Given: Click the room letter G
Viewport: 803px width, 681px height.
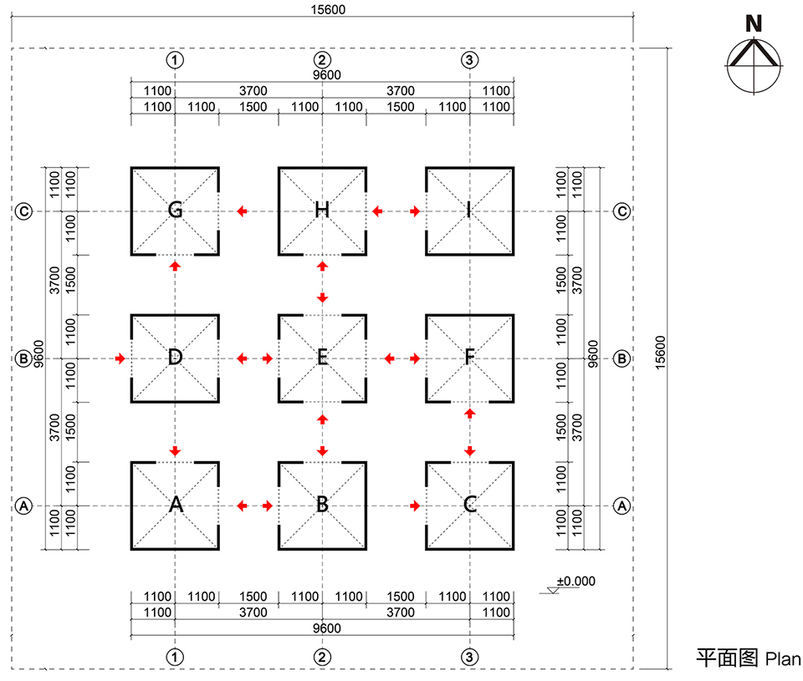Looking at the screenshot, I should click(175, 210).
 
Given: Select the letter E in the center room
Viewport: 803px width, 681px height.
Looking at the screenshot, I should click(322, 358).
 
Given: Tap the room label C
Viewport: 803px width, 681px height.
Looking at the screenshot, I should click(469, 505).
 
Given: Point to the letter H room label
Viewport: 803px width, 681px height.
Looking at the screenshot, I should click(322, 210).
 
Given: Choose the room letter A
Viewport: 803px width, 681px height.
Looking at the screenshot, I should click(175, 505).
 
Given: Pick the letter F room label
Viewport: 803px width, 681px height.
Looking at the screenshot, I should click(469, 358).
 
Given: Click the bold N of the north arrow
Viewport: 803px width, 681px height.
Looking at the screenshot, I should click(754, 24).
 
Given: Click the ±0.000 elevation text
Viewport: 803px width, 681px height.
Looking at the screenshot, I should click(576, 581).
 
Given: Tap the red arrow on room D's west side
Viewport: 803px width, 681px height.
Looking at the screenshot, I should click(120, 358).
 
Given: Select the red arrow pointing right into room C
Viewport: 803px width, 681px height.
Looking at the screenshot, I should click(415, 506).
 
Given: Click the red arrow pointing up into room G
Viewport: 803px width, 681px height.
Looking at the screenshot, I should click(175, 265).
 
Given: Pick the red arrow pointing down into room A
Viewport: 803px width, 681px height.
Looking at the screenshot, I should click(175, 451).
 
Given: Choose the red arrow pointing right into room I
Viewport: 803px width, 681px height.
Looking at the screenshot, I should click(415, 211).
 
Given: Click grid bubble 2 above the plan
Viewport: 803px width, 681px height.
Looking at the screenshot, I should click(322, 59).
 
